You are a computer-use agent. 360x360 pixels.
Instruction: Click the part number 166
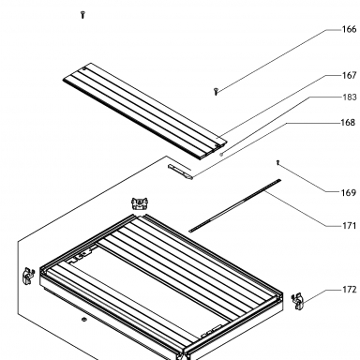[349, 29]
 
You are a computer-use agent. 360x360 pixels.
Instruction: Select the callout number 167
[349, 75]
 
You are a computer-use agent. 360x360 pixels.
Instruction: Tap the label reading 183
[350, 97]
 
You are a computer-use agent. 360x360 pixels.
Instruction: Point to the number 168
[349, 122]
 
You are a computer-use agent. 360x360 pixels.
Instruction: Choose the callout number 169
[349, 192]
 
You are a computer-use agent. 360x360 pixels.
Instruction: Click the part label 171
[350, 225]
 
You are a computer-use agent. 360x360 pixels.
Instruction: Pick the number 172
[350, 290]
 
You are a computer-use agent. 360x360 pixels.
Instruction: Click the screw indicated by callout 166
[216, 92]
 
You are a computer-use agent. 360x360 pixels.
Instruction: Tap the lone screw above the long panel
[82, 14]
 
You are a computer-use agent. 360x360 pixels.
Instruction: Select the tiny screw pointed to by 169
[277, 163]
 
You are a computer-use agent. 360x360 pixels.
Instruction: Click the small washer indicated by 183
[221, 154]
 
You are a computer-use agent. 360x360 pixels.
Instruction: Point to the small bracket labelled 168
[180, 172]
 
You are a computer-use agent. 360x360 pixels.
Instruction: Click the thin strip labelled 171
[235, 205]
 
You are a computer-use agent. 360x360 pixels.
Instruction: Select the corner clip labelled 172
[298, 302]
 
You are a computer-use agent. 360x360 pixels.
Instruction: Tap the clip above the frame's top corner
[140, 203]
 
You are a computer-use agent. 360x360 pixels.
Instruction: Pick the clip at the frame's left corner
[29, 276]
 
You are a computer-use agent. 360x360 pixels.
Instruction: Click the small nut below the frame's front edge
[83, 320]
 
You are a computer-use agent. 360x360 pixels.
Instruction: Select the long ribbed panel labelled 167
[144, 112]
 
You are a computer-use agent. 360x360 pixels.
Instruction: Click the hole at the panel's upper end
[84, 69]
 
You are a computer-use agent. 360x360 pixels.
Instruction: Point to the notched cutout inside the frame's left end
[82, 255]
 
